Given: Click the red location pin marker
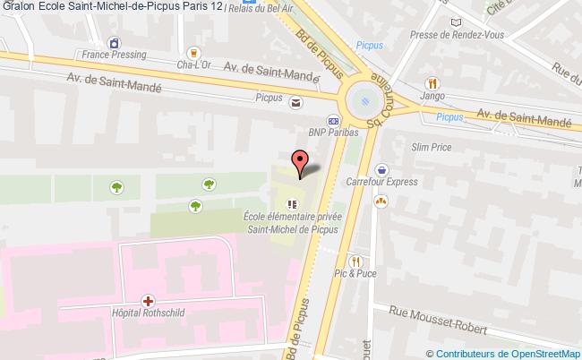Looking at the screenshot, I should pyautogui.click(x=300, y=162).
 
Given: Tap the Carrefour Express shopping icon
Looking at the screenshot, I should pyautogui.click(x=382, y=167).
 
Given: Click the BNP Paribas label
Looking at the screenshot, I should pyautogui.click(x=333, y=133).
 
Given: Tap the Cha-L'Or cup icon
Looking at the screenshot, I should pyautogui.click(x=194, y=52).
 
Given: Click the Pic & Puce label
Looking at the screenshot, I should pyautogui.click(x=355, y=274).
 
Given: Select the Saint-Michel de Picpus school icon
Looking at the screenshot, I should pyautogui.click(x=289, y=203).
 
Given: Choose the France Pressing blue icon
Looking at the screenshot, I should pyautogui.click(x=113, y=41).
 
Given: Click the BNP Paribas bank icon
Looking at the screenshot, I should pyautogui.click(x=333, y=122).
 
